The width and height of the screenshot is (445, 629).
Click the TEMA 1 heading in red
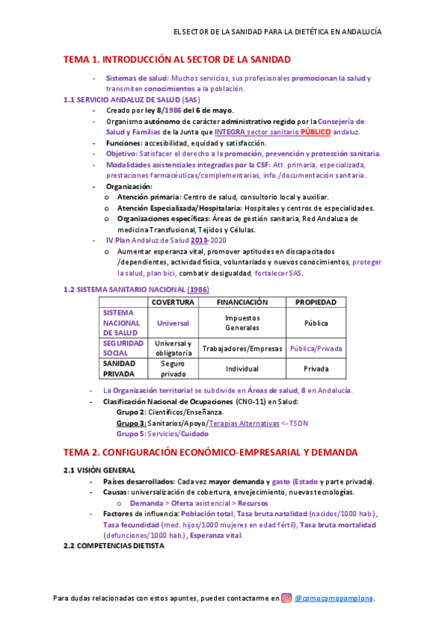tap(177, 59)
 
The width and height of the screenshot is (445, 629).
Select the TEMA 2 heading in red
tap(200, 452)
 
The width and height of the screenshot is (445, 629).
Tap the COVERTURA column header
tap(173, 302)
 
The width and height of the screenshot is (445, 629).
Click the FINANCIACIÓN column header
tap(242, 302)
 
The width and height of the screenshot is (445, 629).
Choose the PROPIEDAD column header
tap(316, 302)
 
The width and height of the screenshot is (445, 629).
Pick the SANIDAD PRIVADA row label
tap(119, 369)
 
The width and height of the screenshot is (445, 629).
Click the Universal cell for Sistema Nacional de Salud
tap(173, 323)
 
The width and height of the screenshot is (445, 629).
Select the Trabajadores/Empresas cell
tap(242, 348)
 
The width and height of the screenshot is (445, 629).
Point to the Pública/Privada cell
tap(316, 348)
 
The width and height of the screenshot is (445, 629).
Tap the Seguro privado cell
tap(173, 369)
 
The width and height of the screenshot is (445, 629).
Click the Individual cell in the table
tap(242, 369)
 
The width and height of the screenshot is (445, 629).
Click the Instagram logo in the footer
tap(285, 598)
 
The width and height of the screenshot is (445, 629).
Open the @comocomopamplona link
tap(334, 598)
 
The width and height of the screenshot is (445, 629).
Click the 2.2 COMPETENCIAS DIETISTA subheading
tap(113, 545)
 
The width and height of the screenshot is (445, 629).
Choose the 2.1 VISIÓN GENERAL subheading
tap(100, 470)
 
